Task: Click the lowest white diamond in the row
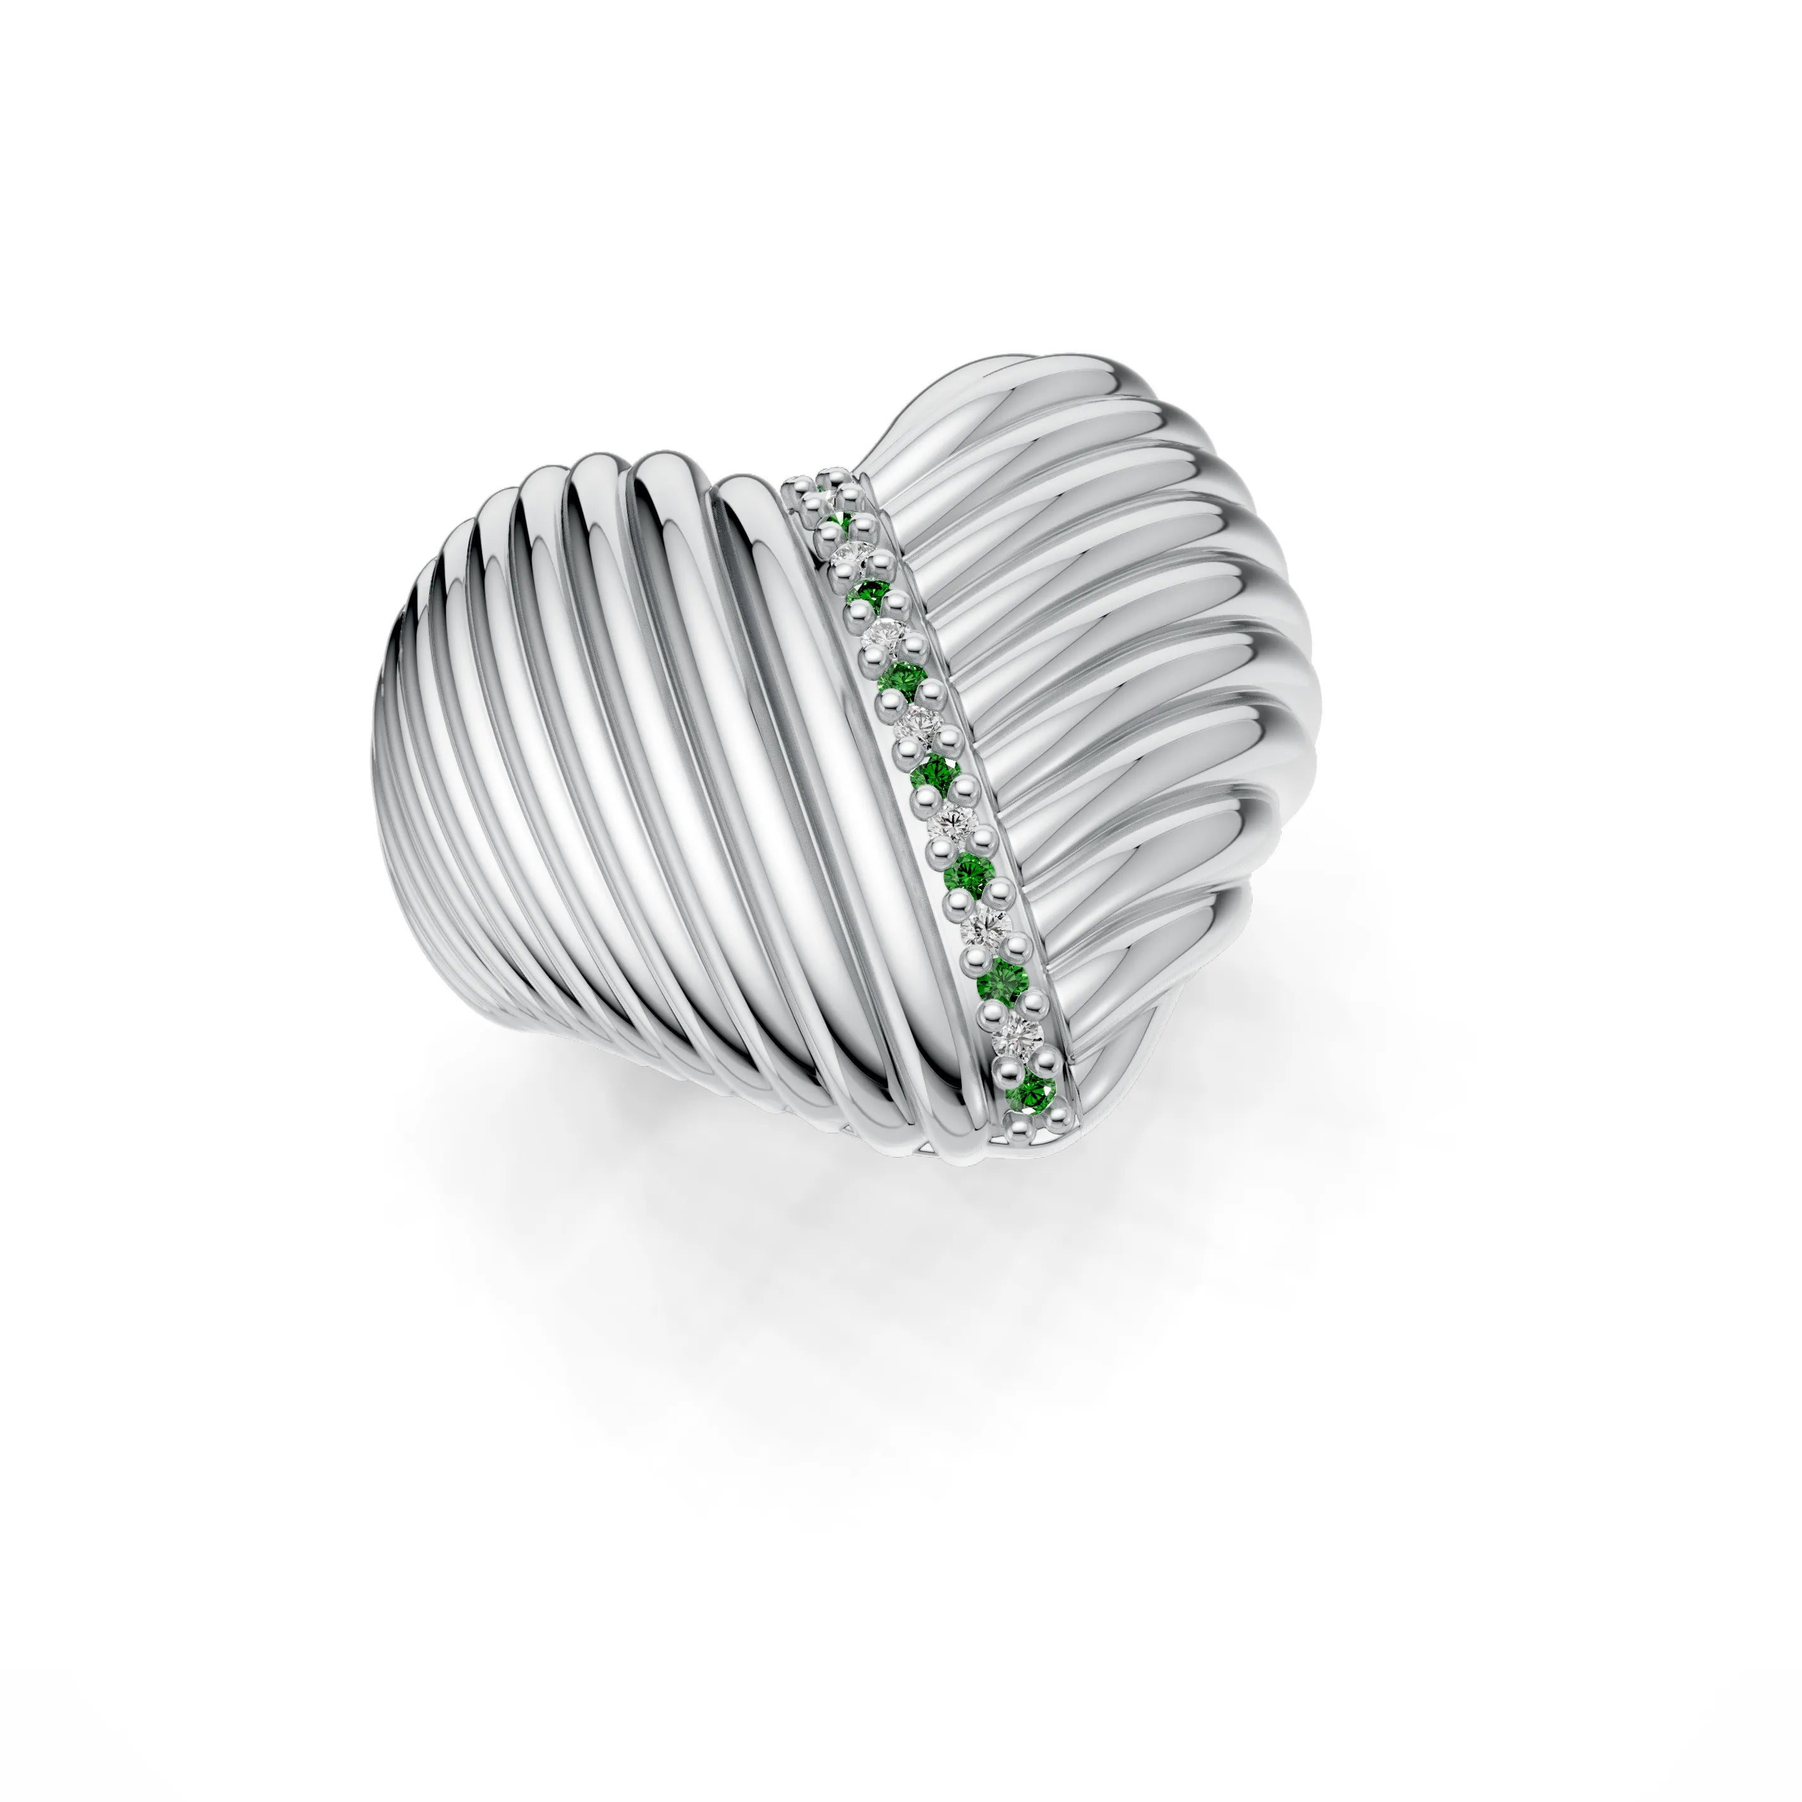click(1019, 1033)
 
